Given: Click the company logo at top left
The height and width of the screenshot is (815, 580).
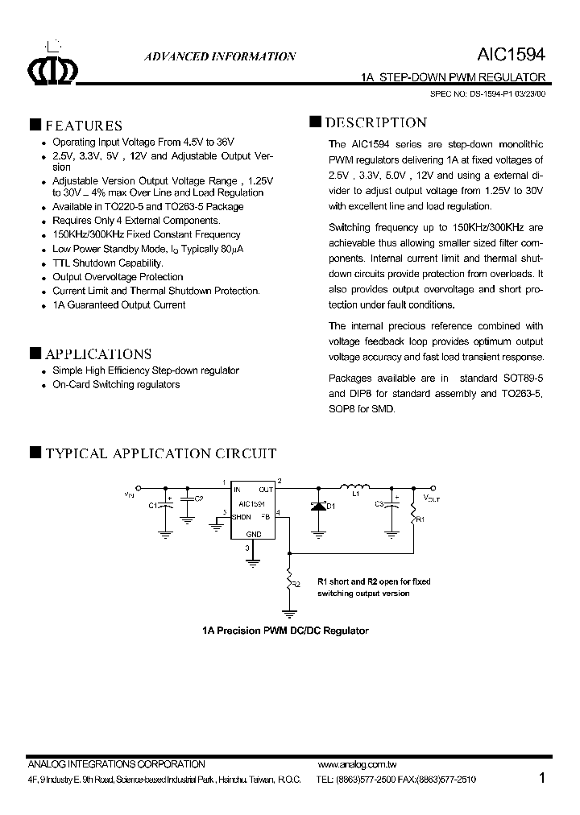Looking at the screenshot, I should pyautogui.click(x=52, y=71).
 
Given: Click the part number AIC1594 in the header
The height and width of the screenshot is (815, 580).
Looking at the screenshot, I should pyautogui.click(x=512, y=55).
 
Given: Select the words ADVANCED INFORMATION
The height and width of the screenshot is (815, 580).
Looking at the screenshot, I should pyautogui.click(x=219, y=57).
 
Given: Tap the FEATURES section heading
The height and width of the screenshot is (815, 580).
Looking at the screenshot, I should pyautogui.click(x=83, y=126).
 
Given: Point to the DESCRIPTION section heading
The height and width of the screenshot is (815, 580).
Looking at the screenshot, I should pyautogui.click(x=375, y=123).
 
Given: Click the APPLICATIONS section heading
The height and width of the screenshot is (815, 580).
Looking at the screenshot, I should pyautogui.click(x=97, y=354).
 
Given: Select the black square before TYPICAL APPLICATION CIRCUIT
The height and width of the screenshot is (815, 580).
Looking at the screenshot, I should pyautogui.click(x=35, y=453).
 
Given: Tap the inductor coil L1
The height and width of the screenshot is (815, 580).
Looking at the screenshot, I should pyautogui.click(x=354, y=486).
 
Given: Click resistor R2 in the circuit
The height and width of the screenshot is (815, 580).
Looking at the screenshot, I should pyautogui.click(x=288, y=577).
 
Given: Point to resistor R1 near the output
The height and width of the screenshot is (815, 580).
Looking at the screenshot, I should pyautogui.click(x=415, y=511).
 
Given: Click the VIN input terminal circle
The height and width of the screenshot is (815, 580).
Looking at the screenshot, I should pyautogui.click(x=139, y=487).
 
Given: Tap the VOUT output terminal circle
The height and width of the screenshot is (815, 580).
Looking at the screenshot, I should pyautogui.click(x=434, y=487).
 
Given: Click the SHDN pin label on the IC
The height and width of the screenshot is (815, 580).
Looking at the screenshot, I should pyautogui.click(x=242, y=517).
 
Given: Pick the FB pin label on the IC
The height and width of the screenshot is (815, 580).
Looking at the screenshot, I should pyautogui.click(x=265, y=517).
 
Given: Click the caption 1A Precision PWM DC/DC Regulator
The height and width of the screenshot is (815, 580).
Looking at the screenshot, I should pyautogui.click(x=285, y=631).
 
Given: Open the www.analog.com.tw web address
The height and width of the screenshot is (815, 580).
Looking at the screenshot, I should pyautogui.click(x=358, y=764).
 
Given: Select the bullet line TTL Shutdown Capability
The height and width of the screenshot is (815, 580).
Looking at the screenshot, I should pyautogui.click(x=107, y=263).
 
